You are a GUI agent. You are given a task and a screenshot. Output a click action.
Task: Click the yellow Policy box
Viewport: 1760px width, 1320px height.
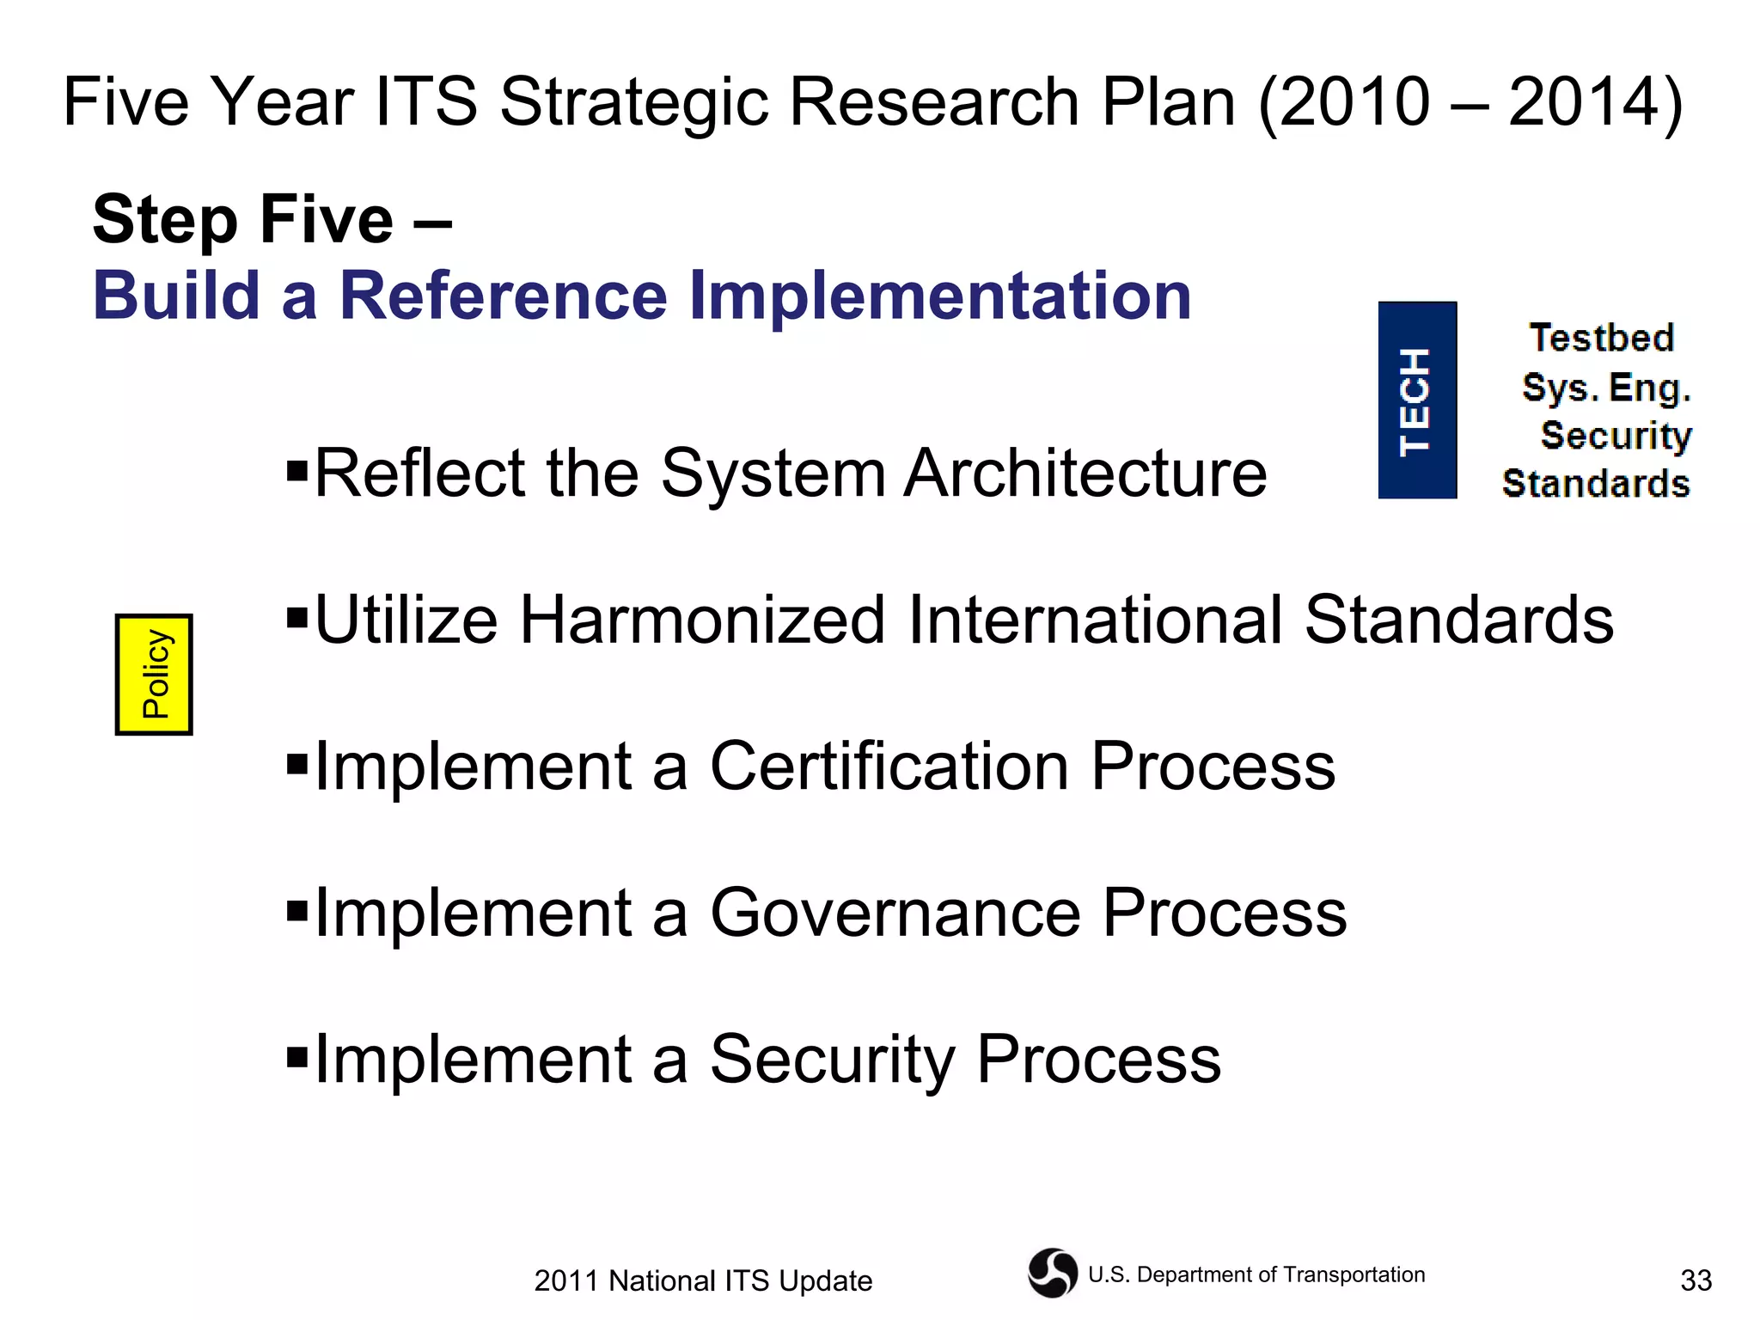pyautogui.click(x=154, y=675)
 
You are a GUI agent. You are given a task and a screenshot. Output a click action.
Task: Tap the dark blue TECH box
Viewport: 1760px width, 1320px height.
pyautogui.click(x=1416, y=400)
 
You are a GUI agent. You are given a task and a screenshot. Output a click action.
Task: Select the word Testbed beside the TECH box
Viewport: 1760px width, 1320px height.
pyautogui.click(x=1602, y=338)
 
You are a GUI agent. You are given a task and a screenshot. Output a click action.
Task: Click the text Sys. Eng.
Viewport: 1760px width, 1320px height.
pyautogui.click(x=1606, y=388)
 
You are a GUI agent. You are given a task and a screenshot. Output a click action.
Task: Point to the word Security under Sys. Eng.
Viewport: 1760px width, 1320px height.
pyautogui.click(x=1616, y=436)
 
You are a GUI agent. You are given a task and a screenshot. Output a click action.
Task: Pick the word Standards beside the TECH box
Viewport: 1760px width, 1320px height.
pyautogui.click(x=1596, y=484)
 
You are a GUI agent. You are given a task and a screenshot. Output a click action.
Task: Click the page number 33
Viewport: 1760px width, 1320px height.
pyautogui.click(x=1696, y=1280)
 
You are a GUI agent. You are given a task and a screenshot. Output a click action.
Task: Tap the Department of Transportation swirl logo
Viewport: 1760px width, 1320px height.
pyautogui.click(x=1053, y=1273)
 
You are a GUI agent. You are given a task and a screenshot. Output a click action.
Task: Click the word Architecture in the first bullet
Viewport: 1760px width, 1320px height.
pyautogui.click(x=1085, y=474)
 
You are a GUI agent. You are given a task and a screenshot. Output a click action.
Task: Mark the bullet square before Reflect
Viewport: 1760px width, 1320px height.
pyautogui.click(x=297, y=470)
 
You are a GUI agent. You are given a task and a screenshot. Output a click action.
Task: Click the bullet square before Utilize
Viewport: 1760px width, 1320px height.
pyautogui.click(x=297, y=617)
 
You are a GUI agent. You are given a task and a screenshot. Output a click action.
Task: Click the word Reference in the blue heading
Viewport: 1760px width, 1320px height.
pyautogui.click(x=504, y=296)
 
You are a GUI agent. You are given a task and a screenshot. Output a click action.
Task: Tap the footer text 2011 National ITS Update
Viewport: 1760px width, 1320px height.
pyautogui.click(x=703, y=1280)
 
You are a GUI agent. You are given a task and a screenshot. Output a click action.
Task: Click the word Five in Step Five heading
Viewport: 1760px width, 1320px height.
pyautogui.click(x=326, y=219)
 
